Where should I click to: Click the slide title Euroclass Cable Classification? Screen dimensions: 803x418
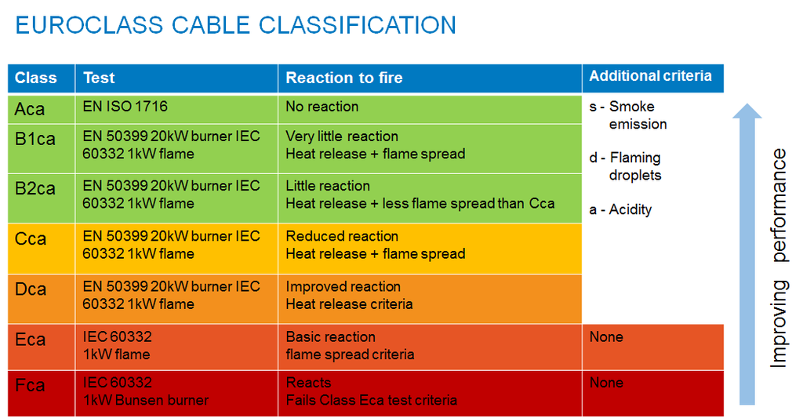235,25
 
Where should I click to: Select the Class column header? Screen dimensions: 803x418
35,78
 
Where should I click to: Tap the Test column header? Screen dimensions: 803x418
99,78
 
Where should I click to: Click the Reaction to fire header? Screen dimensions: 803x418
344,78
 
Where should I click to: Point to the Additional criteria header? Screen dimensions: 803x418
650,76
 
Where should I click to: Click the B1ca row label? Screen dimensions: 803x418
35,139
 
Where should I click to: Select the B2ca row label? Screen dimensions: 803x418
35,188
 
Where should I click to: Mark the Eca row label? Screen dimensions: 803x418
31,340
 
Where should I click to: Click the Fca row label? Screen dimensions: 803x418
30,385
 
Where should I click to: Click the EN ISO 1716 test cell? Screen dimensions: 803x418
125,107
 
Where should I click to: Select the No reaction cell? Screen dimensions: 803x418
322,107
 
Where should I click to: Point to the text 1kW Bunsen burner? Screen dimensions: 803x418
146,400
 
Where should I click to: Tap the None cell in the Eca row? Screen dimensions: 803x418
606,337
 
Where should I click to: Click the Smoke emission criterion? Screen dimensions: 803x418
628,115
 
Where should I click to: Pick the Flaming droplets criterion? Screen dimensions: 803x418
625,166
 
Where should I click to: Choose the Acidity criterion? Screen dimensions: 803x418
621,209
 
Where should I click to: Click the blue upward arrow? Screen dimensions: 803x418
747,254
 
